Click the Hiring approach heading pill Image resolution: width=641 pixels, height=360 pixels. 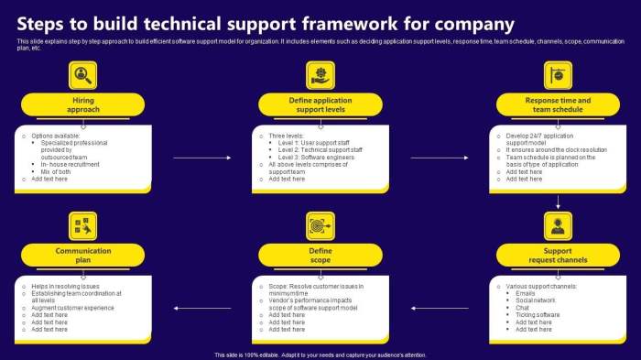pos(83,104)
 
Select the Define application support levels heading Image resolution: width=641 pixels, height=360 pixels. pos(320,104)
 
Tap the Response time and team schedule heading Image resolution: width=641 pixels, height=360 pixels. pos(558,104)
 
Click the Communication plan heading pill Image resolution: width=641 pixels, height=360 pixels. pos(83,255)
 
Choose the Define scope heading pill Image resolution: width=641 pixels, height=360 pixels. pos(320,255)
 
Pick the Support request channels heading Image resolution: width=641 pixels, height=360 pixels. pos(558,255)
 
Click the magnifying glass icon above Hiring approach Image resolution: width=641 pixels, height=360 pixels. pos(83,74)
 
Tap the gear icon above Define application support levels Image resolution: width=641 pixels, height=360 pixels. pos(320,74)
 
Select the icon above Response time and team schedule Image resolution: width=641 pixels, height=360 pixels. pos(558,74)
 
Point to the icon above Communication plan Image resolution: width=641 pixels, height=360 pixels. pos(83,224)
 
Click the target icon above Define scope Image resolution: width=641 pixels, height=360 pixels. pos(320,224)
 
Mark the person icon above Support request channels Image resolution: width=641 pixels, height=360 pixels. pos(558,224)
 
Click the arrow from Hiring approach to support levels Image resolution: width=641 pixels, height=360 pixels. pos(194,158)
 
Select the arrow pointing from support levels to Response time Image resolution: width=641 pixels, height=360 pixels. pos(433,158)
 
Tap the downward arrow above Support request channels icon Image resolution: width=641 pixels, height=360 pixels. pos(558,201)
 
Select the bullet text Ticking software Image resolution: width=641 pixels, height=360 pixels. pos(538,314)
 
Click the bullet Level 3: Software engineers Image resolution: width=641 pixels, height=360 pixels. pos(316,156)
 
